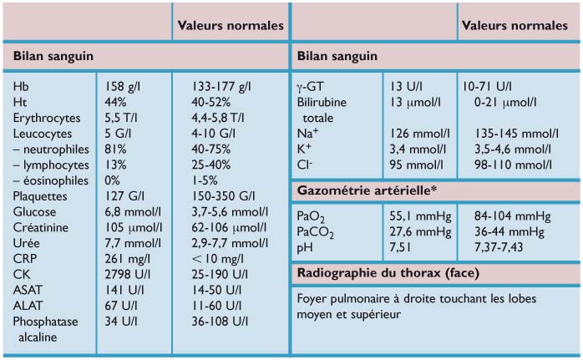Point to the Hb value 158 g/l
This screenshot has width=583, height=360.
tap(124, 86)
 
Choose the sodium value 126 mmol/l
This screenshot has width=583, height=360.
tap(418, 133)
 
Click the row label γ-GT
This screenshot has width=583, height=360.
tap(312, 86)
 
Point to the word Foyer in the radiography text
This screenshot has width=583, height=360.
tap(312, 299)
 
